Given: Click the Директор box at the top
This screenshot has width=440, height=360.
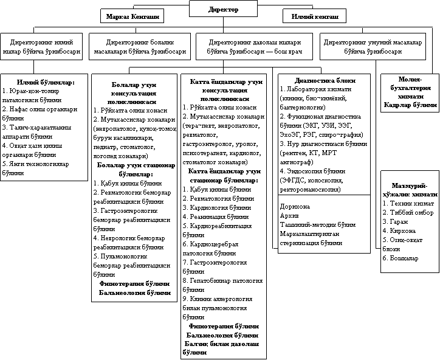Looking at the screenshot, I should click(x=223, y=9).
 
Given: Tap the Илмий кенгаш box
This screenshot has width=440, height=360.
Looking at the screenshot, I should click(x=315, y=16).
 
